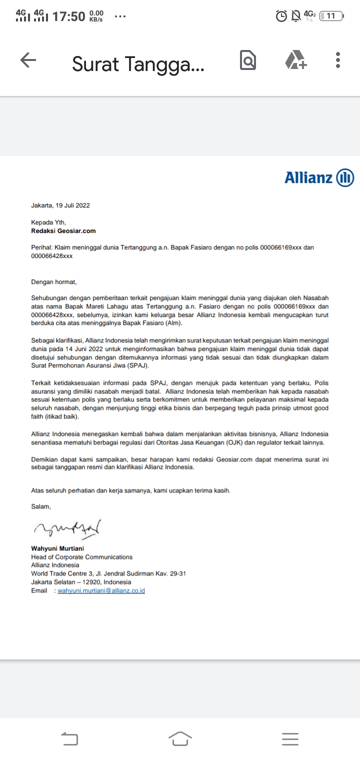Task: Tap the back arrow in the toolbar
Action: (28, 60)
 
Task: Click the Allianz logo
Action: (319, 177)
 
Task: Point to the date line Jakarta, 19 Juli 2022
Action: (60, 205)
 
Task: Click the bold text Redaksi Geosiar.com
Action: (63, 231)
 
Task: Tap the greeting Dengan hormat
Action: (54, 282)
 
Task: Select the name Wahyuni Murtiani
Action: (57, 548)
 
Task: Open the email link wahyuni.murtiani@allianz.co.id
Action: (101, 590)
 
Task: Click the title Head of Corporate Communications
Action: (82, 557)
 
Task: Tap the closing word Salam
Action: (41, 506)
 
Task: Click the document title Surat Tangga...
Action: (138, 64)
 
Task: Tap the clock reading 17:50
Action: (68, 16)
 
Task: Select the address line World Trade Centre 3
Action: (108, 573)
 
